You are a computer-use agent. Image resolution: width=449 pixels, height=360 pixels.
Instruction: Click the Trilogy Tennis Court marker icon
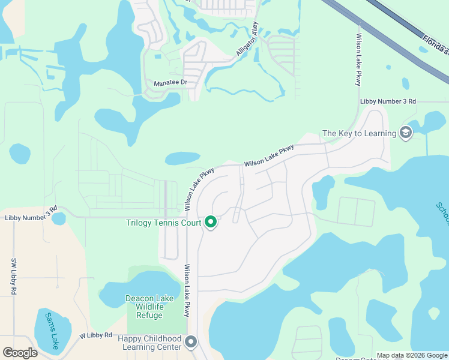click(x=211, y=223)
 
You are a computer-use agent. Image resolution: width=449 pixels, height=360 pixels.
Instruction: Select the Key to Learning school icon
click(x=405, y=133)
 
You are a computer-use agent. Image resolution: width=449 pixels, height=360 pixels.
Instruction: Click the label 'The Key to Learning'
click(x=359, y=133)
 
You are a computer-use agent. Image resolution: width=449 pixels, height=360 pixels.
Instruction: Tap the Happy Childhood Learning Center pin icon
click(x=191, y=342)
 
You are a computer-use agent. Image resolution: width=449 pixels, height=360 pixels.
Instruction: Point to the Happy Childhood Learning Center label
click(x=151, y=343)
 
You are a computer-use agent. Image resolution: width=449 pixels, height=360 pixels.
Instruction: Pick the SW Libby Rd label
click(x=14, y=276)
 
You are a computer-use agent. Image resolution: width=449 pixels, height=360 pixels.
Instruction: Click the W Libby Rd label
click(x=96, y=335)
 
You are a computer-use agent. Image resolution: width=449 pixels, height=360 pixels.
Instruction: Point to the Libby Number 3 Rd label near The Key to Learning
click(x=388, y=101)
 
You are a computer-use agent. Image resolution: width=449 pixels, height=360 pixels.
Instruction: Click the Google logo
click(x=20, y=353)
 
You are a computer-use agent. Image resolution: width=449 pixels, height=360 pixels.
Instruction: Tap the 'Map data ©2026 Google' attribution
click(x=412, y=355)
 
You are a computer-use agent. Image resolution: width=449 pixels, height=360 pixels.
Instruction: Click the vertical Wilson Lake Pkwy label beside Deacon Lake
click(x=187, y=290)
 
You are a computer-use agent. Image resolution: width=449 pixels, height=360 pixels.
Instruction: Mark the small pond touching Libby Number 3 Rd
click(x=58, y=219)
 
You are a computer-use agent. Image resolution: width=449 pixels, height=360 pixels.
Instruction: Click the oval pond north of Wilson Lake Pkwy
click(x=182, y=158)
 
